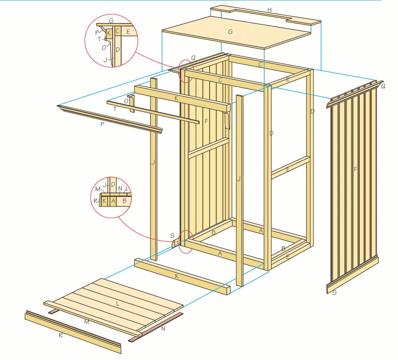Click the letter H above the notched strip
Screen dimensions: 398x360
click(x=269, y=10)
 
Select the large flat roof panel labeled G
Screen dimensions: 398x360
click(x=236, y=33)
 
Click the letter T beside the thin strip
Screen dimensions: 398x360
click(x=115, y=109)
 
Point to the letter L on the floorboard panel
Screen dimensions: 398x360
click(x=117, y=303)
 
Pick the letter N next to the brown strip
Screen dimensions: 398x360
click(x=163, y=329)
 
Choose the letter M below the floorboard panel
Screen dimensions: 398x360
click(x=87, y=322)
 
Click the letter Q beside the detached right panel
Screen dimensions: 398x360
click(x=383, y=86)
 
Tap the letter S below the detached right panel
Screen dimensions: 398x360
click(x=334, y=292)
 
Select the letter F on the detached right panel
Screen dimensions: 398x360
click(x=355, y=169)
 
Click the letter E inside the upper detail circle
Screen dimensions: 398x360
click(x=128, y=32)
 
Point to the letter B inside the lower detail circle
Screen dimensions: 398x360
click(x=124, y=201)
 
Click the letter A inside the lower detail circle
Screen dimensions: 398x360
click(x=113, y=201)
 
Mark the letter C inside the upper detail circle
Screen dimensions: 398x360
click(x=117, y=31)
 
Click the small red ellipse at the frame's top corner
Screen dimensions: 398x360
click(x=186, y=71)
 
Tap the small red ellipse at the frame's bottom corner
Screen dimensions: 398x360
click(x=186, y=242)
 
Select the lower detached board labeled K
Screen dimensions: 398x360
click(x=182, y=276)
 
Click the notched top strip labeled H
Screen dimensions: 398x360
click(x=265, y=16)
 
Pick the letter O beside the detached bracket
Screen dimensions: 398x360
click(x=126, y=101)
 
